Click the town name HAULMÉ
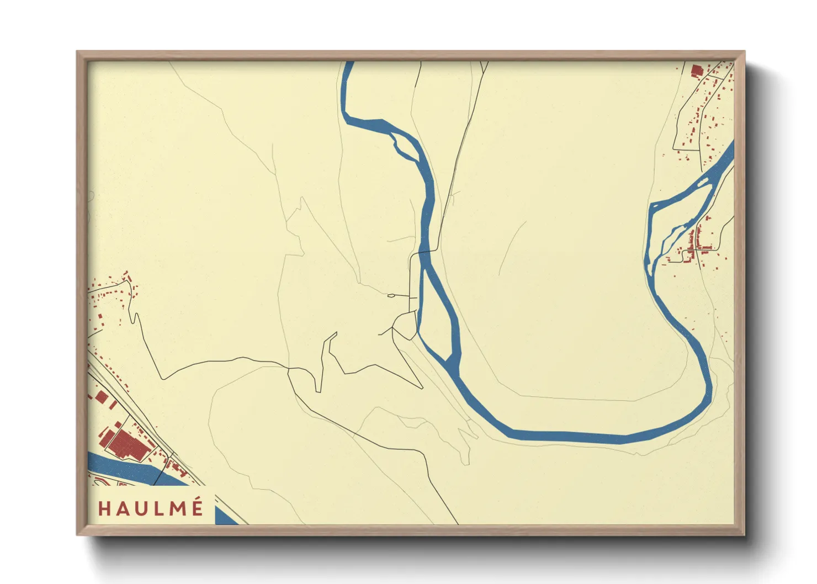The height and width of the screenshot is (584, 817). click(150, 508)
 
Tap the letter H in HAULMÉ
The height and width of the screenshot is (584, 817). click(104, 508)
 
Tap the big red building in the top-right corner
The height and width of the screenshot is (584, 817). click(696, 71)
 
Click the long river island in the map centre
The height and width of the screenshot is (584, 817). click(437, 315)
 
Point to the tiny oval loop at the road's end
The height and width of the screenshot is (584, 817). click(391, 296)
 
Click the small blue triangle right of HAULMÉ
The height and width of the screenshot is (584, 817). click(225, 517)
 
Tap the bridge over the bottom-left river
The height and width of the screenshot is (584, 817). click(160, 475)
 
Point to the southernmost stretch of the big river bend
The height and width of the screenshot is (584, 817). click(569, 436)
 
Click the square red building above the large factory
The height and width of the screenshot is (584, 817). click(101, 397)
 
